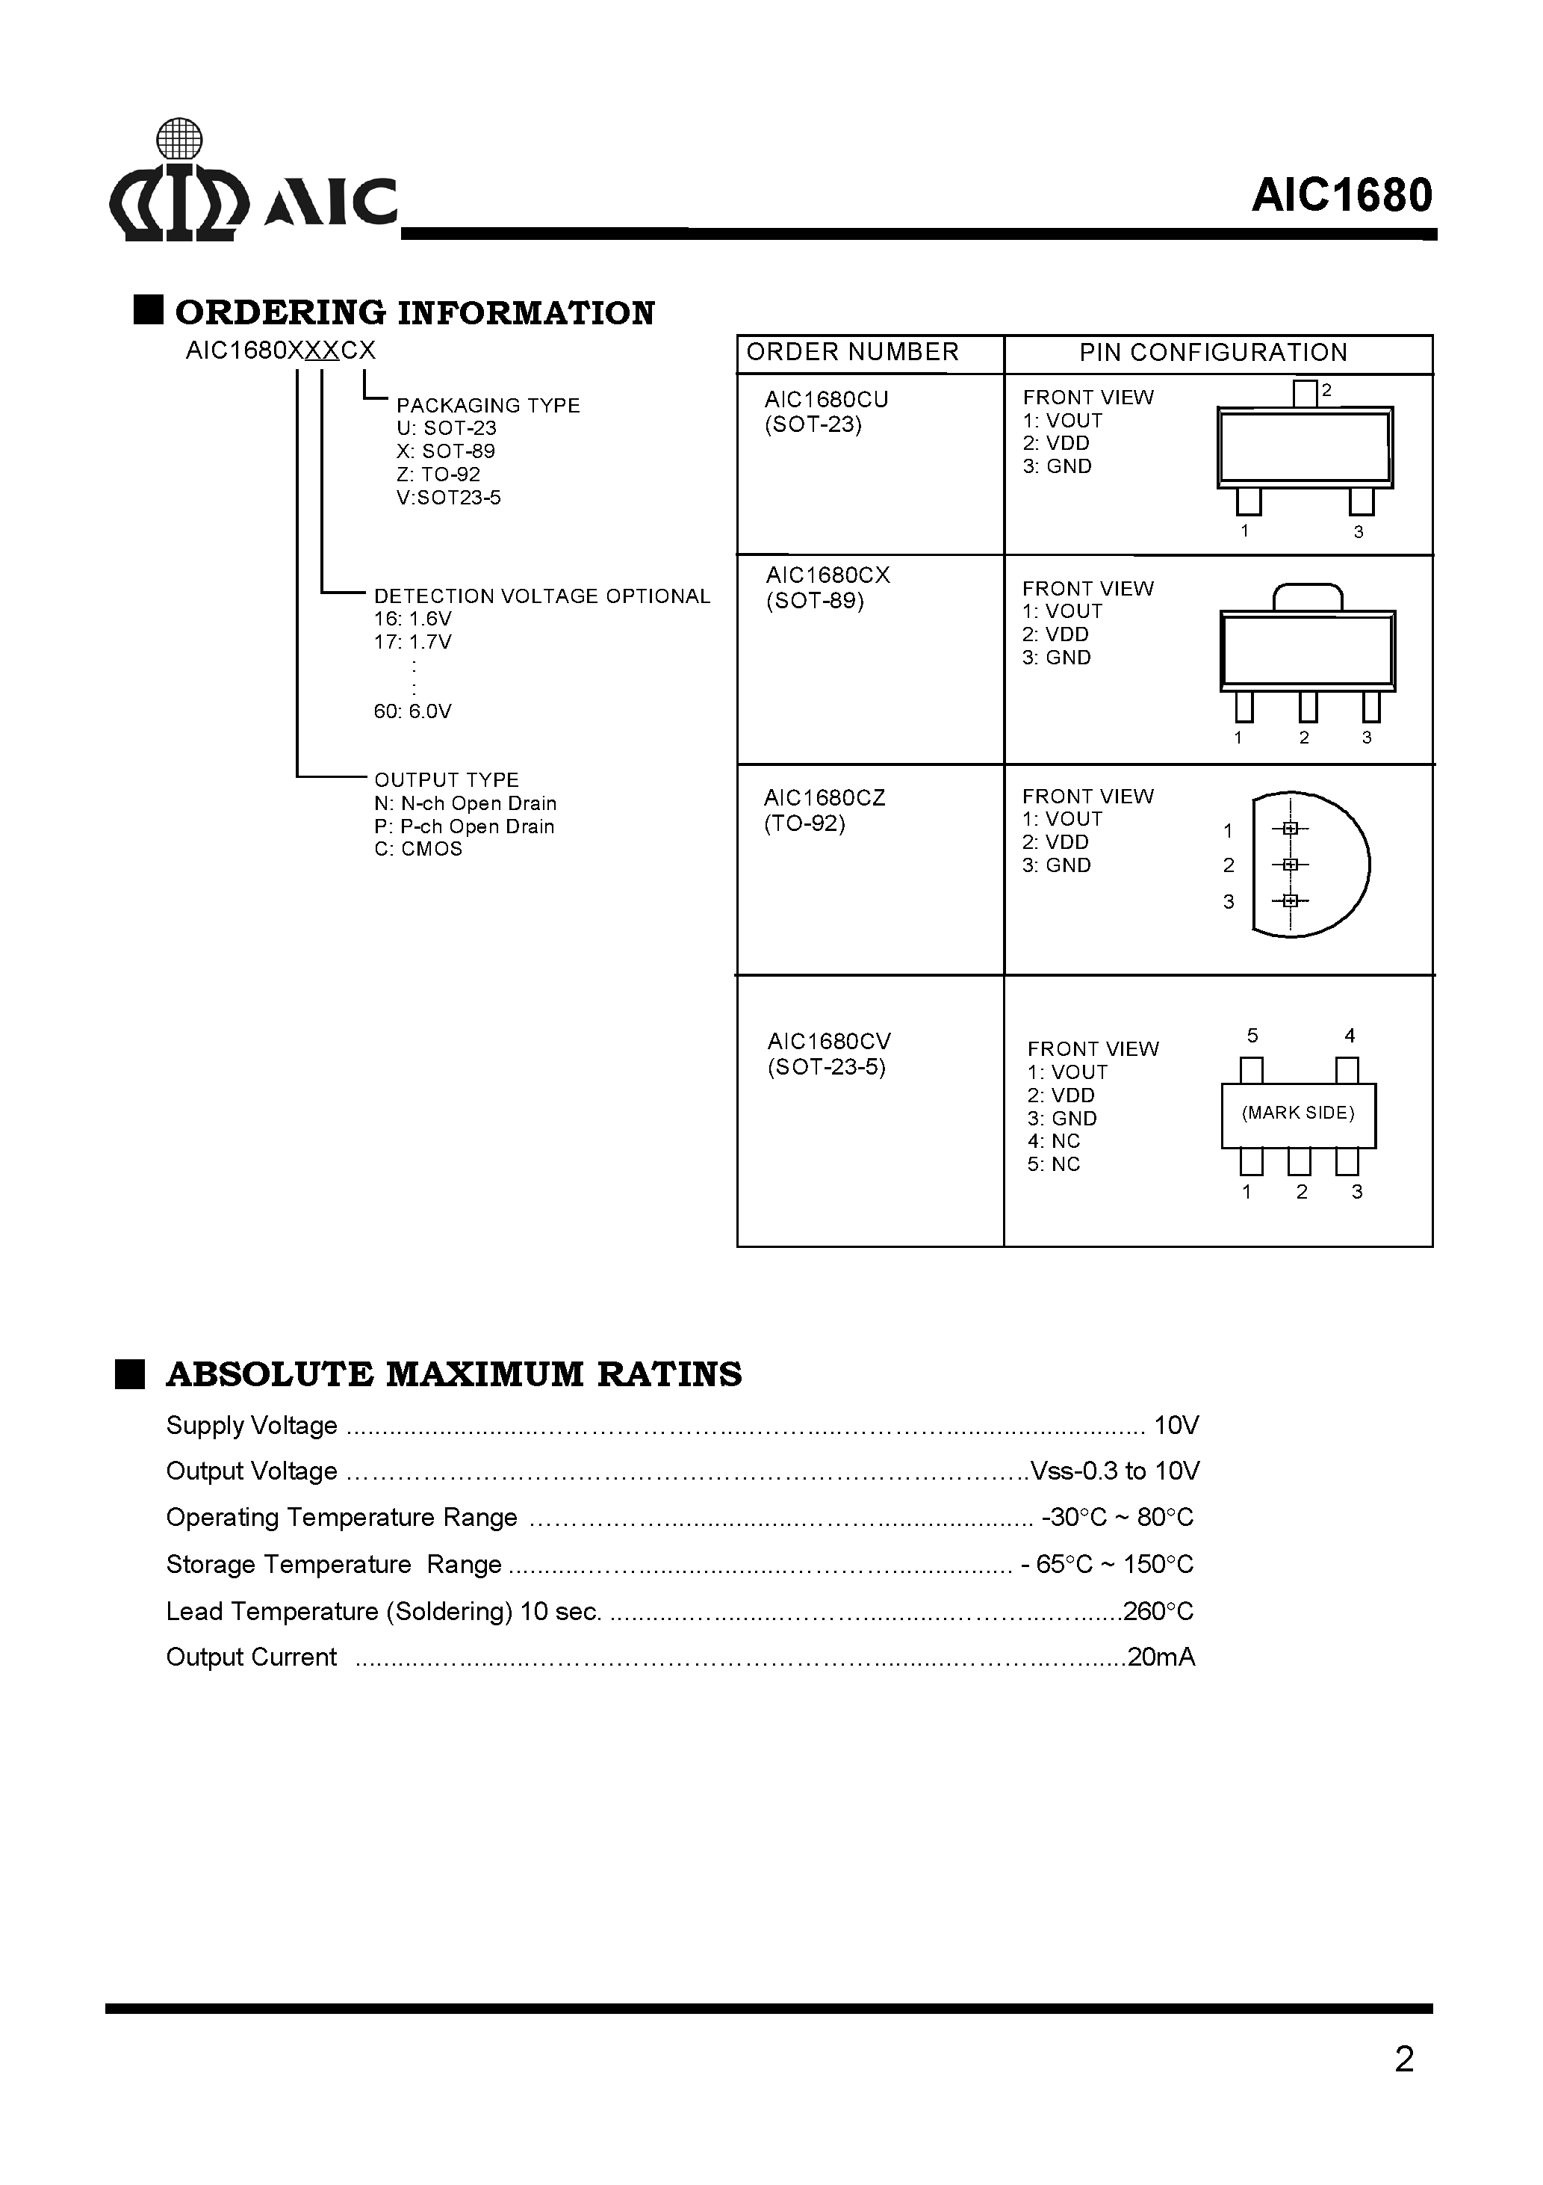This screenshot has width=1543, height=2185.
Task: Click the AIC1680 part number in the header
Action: click(x=1341, y=196)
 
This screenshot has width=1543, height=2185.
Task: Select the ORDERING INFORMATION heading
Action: click(x=415, y=313)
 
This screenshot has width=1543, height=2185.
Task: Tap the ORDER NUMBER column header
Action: click(x=852, y=353)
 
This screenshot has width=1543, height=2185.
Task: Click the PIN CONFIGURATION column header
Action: click(x=1213, y=353)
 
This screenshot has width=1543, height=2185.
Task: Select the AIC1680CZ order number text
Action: click(x=824, y=798)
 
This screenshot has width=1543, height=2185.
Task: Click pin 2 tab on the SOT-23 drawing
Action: click(x=1306, y=393)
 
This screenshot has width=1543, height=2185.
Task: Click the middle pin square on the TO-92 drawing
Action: click(x=1290, y=864)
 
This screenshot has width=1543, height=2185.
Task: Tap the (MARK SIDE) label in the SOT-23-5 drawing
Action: click(x=1297, y=1113)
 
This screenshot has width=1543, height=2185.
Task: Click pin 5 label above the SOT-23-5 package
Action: click(x=1252, y=1036)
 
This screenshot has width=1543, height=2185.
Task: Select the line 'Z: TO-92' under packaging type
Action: click(x=438, y=474)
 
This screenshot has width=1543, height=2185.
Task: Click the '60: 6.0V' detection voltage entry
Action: click(x=412, y=711)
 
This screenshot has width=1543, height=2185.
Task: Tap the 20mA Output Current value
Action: click(x=1161, y=1657)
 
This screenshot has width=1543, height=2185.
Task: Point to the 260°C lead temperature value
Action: click(x=1158, y=1611)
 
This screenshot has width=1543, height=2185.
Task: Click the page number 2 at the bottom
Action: click(x=1403, y=2059)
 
